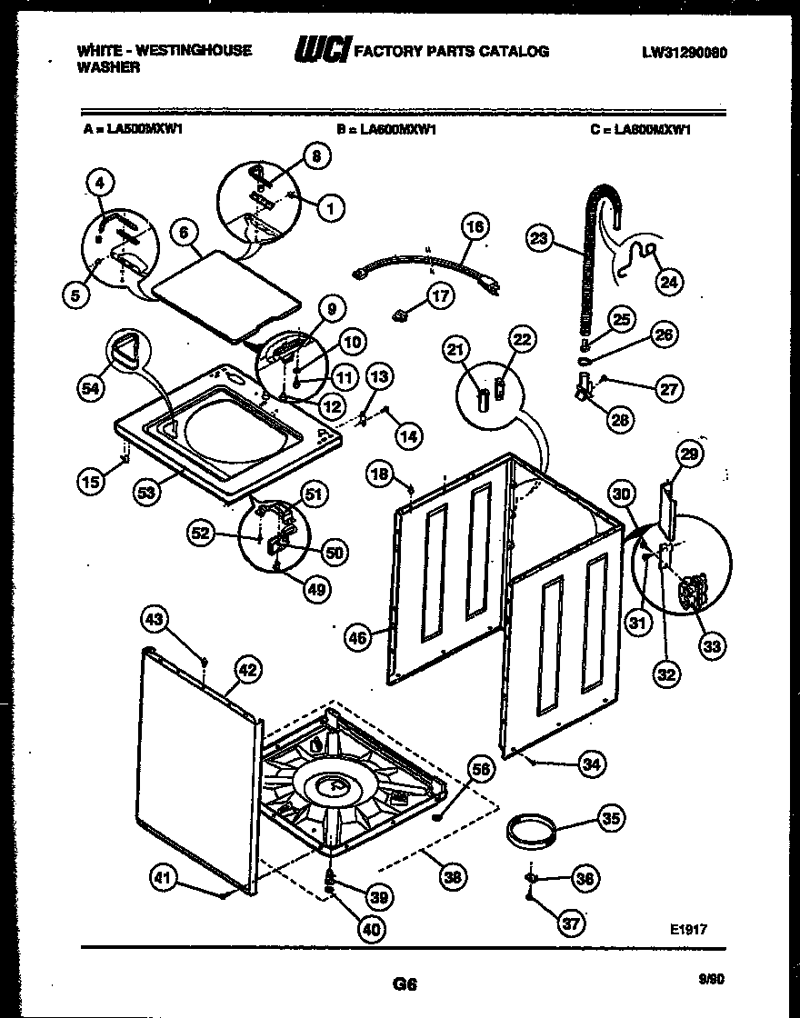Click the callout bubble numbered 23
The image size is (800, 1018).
(539, 240)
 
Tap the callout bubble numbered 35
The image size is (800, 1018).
(611, 819)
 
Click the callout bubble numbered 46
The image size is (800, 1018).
(358, 639)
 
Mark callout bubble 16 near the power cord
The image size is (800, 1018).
(475, 226)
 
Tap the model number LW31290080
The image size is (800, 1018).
(684, 52)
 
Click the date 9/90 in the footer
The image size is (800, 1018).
(712, 979)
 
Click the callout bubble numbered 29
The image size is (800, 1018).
(688, 454)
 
